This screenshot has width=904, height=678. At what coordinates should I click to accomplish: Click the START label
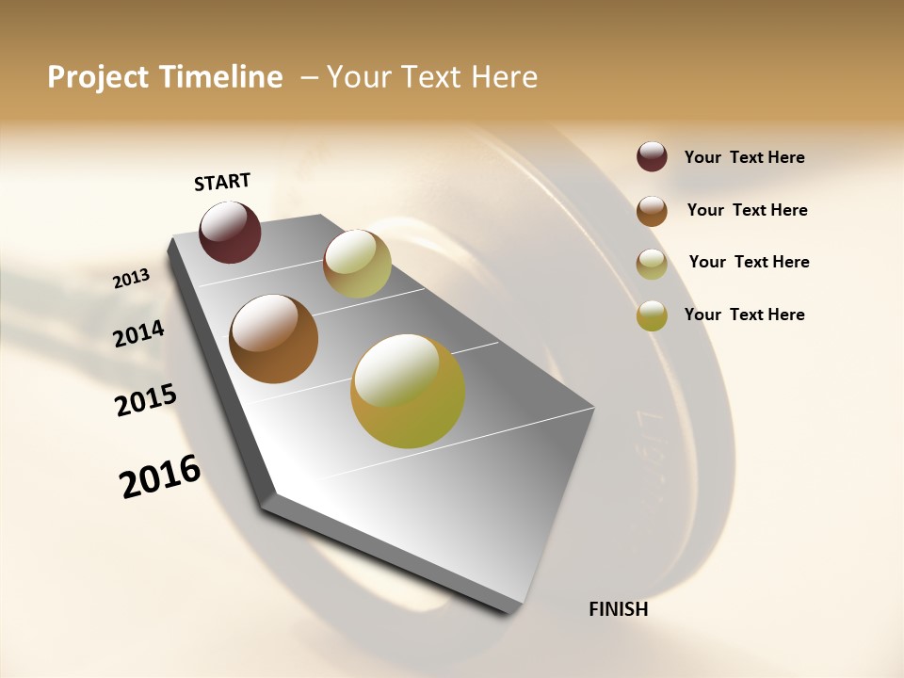222,182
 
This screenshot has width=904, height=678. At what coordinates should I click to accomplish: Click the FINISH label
619,609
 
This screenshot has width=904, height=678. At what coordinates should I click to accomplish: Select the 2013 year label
132,279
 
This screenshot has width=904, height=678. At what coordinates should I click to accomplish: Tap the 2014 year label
139,333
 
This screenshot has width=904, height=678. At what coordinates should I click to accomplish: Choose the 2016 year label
160,476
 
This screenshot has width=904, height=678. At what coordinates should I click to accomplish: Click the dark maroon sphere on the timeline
230,232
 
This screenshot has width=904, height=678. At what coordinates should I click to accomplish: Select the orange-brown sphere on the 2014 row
274,339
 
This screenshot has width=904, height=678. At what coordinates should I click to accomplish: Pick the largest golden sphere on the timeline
408,391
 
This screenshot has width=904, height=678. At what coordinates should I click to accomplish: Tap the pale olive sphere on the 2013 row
357,264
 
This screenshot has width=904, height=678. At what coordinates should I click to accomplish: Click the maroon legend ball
652,156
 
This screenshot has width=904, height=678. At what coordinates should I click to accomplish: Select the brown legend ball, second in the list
652,211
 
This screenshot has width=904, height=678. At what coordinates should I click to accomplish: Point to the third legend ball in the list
652,264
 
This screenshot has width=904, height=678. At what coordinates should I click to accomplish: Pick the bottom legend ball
652,315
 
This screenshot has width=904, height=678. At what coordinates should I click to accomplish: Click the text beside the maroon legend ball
744,157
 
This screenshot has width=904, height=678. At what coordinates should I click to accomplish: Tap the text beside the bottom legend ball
744,315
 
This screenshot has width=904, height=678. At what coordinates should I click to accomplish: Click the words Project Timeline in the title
165,77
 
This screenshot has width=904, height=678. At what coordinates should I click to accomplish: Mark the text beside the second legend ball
747,210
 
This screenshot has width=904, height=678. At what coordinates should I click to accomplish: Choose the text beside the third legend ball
749,262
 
